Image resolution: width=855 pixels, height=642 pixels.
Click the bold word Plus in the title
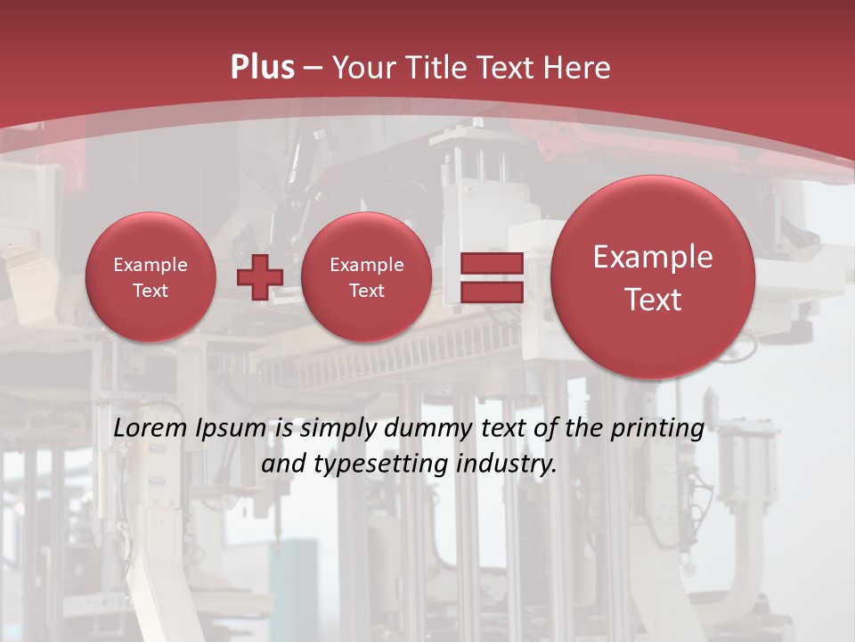[262, 68]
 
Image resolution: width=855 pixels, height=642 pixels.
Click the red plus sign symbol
[259, 276]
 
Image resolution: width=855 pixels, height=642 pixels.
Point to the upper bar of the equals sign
[491, 264]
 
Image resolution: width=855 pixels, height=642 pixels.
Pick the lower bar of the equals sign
[491, 292]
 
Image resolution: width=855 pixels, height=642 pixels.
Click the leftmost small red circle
[150, 277]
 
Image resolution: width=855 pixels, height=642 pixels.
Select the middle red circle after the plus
[366, 277]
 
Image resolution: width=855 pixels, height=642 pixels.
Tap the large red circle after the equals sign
[653, 277]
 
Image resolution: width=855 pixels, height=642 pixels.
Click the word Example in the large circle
[653, 257]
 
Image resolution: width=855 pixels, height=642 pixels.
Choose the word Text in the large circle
[653, 300]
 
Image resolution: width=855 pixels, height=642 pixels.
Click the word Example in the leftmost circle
[150, 265]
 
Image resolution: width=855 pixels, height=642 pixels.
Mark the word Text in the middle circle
[366, 291]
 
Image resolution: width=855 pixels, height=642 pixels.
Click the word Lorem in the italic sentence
[151, 429]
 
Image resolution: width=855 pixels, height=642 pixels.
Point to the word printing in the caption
[657, 429]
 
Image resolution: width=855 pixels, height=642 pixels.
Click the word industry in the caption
[505, 465]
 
